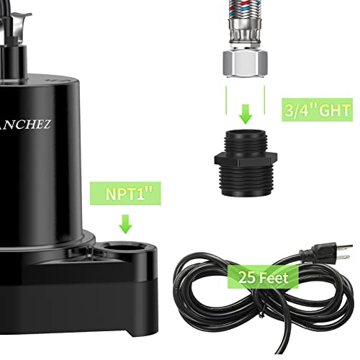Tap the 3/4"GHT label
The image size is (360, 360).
click(317, 111)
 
